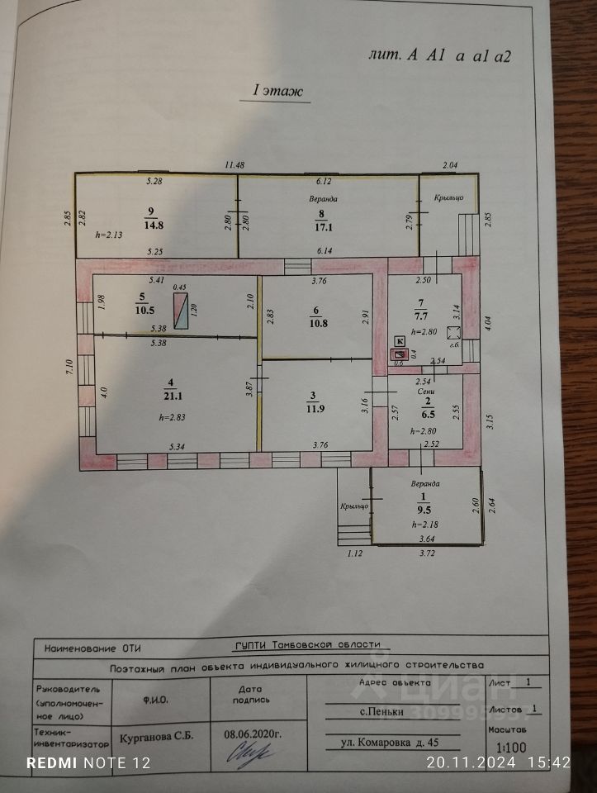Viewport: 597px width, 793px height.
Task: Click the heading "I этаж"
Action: (277, 91)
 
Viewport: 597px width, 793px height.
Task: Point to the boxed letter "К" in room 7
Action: (400, 341)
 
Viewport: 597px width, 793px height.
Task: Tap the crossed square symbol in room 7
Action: (453, 333)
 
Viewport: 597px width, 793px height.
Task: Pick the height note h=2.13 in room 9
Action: (108, 235)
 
